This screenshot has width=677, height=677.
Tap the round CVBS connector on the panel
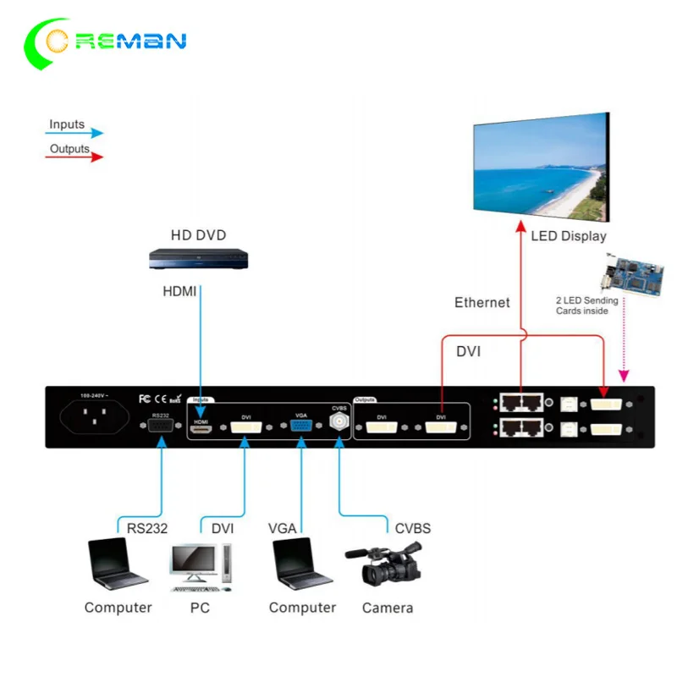[x=339, y=421]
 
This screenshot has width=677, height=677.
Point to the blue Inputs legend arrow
[x=74, y=133]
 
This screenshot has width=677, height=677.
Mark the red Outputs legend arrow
[x=74, y=157]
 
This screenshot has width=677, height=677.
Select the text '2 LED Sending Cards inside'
[x=586, y=305]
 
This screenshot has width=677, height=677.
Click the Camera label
[x=388, y=608]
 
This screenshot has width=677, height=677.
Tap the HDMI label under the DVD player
[x=179, y=291]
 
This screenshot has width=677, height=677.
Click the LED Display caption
[x=569, y=236]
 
